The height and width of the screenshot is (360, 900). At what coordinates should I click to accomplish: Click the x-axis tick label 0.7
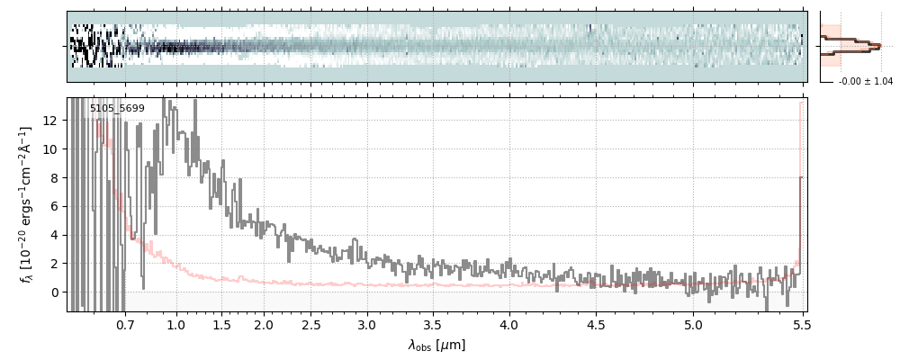coord(125,324)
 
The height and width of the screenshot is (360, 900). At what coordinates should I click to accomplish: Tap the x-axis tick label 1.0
coord(175,324)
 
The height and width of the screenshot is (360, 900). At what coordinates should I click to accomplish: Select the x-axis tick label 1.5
coord(221,324)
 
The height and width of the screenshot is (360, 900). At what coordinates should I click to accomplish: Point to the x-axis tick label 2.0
coord(264,324)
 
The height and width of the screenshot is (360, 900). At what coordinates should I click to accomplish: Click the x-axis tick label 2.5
coord(311,324)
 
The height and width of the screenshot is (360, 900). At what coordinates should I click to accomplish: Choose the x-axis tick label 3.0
coord(366,324)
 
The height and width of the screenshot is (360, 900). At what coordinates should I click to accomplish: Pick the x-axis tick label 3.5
coord(432,324)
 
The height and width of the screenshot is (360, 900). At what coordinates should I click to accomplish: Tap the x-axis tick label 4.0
coord(509,324)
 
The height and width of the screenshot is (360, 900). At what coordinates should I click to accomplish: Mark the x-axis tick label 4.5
coord(596,324)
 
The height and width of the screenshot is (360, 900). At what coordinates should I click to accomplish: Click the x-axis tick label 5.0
coord(693,324)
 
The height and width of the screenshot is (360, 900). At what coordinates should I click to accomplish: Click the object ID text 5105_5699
coord(117,109)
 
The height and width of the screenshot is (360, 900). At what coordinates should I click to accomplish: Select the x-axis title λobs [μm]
coord(436,345)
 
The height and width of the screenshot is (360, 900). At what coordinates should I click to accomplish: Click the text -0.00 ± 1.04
coord(865,82)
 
